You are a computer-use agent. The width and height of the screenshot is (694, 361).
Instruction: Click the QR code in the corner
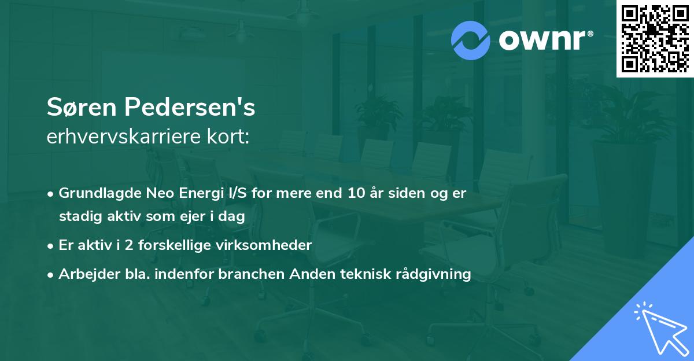coord(655,39)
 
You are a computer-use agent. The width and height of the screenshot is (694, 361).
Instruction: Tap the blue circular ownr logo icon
coord(471,40)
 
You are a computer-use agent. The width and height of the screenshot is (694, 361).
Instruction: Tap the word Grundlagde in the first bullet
coord(94,193)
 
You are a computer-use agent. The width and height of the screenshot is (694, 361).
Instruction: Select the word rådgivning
coord(438,274)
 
